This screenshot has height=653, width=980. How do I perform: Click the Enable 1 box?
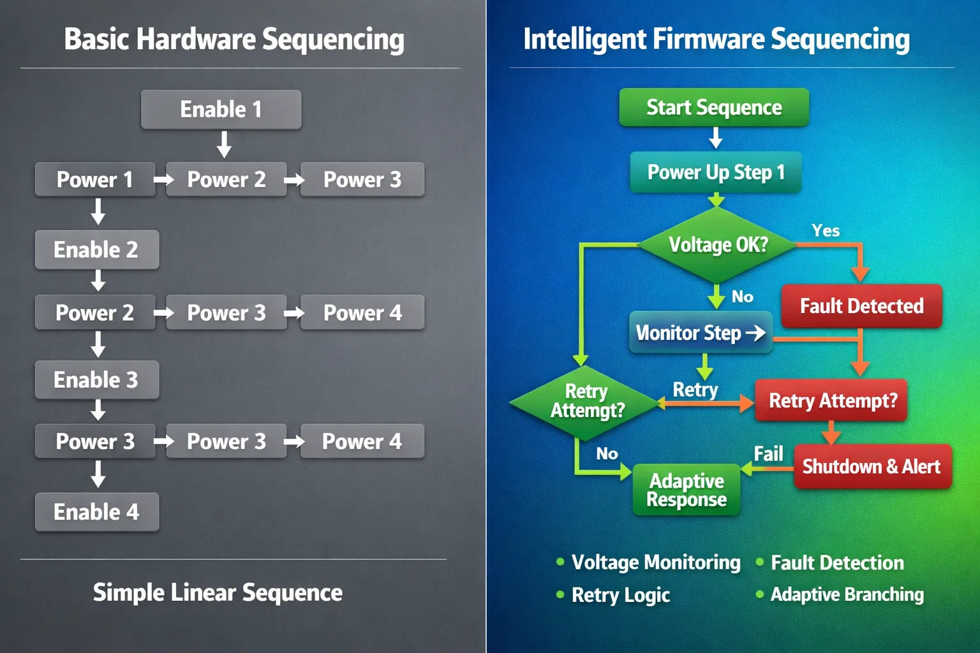click(x=221, y=109)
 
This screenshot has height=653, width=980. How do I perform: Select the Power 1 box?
click(x=95, y=179)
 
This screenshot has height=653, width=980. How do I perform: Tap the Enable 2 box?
click(x=96, y=249)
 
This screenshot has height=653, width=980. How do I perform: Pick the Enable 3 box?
click(x=96, y=380)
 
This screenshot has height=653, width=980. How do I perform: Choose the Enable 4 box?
click(x=96, y=511)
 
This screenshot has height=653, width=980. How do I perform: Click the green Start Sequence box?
click(x=714, y=107)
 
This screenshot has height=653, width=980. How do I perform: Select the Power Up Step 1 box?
click(x=716, y=172)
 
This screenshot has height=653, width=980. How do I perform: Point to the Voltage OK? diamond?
click(x=718, y=245)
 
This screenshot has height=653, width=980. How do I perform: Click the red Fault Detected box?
click(x=861, y=306)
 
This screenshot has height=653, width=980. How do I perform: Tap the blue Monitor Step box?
click(x=701, y=332)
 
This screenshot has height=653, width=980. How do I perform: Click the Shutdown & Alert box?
click(x=872, y=467)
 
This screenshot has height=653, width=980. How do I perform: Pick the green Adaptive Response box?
click(x=687, y=490)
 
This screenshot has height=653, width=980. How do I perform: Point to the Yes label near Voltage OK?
click(x=826, y=230)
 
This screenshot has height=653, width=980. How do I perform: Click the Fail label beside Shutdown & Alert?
click(x=768, y=453)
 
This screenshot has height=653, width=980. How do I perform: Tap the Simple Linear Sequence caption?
click(x=218, y=592)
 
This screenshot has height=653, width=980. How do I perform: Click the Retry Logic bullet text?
click(x=620, y=595)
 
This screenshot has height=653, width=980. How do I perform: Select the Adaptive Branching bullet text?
click(x=847, y=594)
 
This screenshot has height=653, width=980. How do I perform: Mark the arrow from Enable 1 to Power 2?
click(x=224, y=145)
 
